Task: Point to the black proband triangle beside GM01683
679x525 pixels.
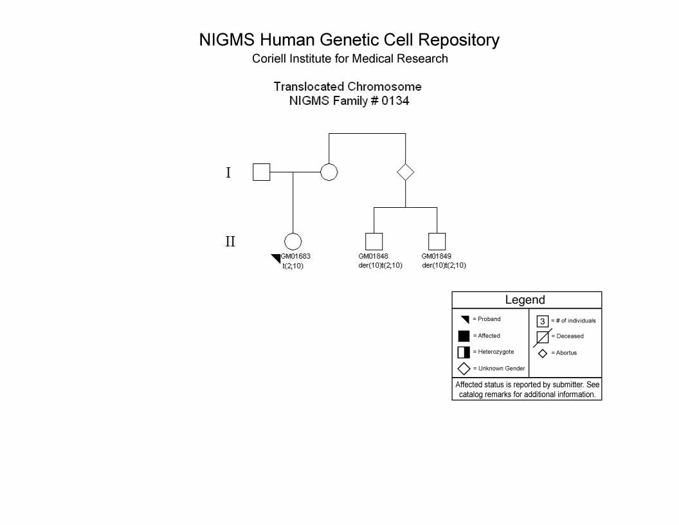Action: [276, 259]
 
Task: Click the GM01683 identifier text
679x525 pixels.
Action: [296, 256]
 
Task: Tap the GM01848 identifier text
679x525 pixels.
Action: [374, 256]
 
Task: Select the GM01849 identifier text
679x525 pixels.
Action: [436, 256]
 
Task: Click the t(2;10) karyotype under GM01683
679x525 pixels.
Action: [293, 266]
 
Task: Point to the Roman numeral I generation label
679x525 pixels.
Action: [228, 172]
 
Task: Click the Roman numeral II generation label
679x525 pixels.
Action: [230, 241]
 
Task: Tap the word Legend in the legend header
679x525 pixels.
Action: [525, 300]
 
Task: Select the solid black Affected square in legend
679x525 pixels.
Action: [464, 336]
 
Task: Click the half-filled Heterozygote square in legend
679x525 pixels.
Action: [464, 352]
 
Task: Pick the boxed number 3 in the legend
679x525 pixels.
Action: [542, 321]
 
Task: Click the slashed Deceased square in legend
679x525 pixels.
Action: [542, 337]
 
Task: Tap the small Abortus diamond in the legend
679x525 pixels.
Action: [543, 353]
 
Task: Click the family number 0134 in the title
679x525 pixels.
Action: [395, 101]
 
